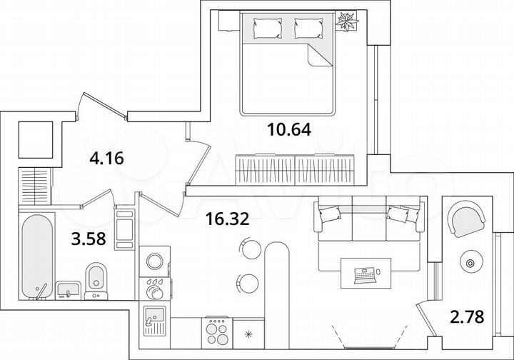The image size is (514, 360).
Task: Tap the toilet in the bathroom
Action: (95, 280)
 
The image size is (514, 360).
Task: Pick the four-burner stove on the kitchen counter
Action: (216, 331)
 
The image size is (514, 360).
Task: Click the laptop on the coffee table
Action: (365, 272)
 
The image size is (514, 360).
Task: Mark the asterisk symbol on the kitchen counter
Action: (248, 333)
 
